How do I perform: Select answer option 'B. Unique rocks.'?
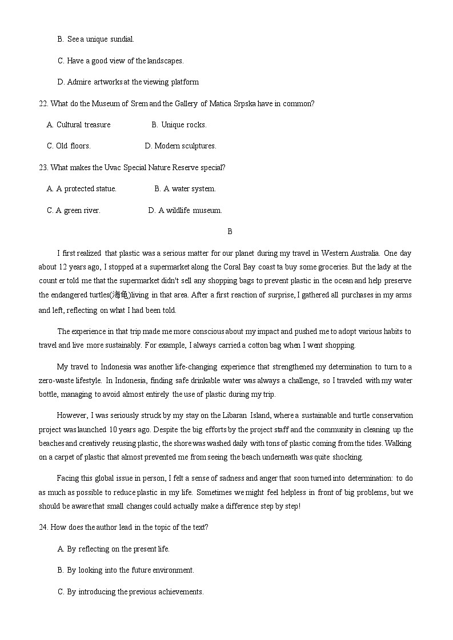click(x=179, y=124)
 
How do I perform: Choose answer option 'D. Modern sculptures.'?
click(x=181, y=146)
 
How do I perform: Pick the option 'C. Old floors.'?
click(x=69, y=146)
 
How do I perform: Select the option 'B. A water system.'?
click(x=185, y=188)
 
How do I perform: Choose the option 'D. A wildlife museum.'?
click(x=185, y=210)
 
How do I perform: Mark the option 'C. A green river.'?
click(x=73, y=210)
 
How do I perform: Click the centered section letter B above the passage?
click(x=230, y=231)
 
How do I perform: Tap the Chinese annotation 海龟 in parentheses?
click(x=121, y=295)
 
